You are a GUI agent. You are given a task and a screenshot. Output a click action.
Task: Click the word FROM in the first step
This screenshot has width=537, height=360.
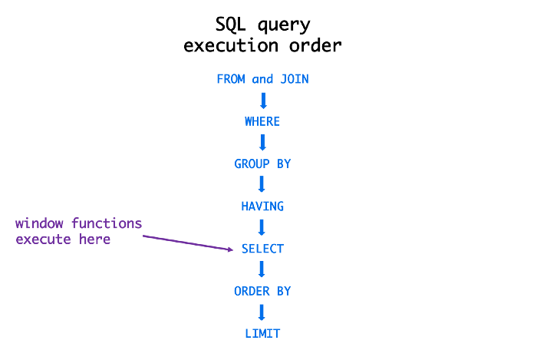click(232, 79)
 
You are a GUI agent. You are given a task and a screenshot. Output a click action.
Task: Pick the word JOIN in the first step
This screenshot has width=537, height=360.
click(294, 79)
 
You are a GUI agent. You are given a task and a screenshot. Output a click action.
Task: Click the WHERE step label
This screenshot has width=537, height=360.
click(262, 121)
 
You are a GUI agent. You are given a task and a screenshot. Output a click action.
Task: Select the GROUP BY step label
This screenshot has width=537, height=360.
click(262, 163)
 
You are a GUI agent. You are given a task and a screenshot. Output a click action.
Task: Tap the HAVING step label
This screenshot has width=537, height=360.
click(262, 206)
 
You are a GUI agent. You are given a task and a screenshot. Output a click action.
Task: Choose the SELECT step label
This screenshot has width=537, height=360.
click(262, 249)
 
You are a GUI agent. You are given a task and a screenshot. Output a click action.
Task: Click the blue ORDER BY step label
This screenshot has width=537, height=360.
click(262, 291)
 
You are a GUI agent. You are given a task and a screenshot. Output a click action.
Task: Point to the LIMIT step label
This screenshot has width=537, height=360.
click(262, 333)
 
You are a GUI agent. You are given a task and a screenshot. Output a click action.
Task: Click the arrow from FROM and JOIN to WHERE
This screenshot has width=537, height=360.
click(262, 101)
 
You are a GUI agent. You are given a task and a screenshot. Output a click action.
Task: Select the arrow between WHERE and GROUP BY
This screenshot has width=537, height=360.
click(262, 143)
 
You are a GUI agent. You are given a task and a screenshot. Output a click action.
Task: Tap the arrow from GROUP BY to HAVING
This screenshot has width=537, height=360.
click(262, 185)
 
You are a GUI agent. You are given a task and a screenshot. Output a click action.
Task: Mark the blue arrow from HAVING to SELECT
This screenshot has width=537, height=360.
click(262, 227)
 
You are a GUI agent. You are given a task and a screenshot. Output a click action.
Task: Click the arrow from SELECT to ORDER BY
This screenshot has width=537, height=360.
click(262, 269)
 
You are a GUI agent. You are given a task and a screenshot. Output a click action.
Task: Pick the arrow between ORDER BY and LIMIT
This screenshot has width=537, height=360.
click(262, 312)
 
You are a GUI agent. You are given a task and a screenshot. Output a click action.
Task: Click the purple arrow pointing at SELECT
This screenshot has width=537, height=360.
click(188, 243)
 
